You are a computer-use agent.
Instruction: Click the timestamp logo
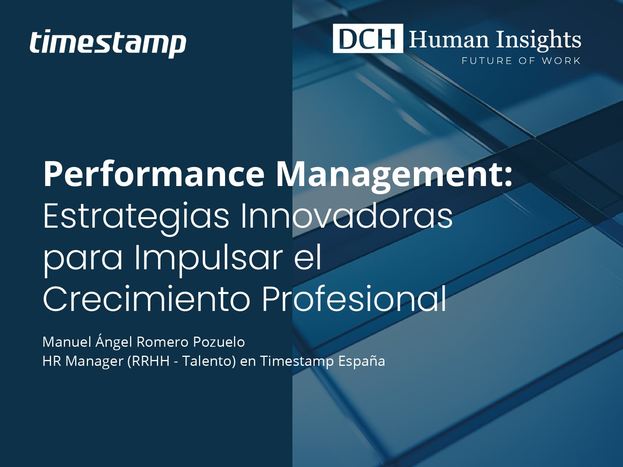pyautogui.click(x=108, y=43)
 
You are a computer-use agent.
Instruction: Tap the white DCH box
pyautogui.click(x=368, y=38)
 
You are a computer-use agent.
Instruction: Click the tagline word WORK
pyautogui.click(x=561, y=61)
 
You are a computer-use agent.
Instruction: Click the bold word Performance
pyautogui.click(x=153, y=174)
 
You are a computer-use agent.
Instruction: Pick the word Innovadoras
pyautogui.click(x=347, y=215)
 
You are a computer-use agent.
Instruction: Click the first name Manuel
pyautogui.click(x=67, y=342)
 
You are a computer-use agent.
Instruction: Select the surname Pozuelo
pyautogui.click(x=219, y=342)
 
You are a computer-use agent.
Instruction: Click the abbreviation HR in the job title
pyautogui.click(x=52, y=361)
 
